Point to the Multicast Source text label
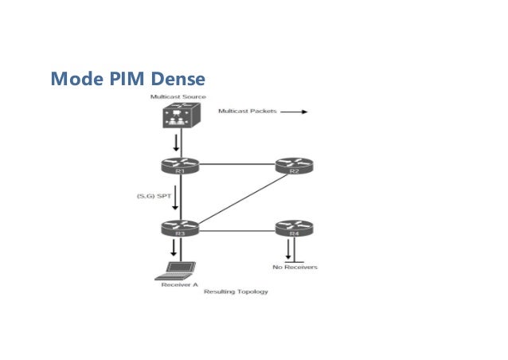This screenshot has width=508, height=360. coord(177,96)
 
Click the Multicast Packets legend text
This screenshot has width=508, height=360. coord(247,112)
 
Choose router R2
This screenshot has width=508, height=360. coord(291,166)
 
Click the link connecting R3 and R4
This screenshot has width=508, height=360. coord(236,230)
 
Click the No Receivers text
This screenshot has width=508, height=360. coord(295,268)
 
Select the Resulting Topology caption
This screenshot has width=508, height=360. coord(236,292)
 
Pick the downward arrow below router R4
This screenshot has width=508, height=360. coord(287,250)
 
